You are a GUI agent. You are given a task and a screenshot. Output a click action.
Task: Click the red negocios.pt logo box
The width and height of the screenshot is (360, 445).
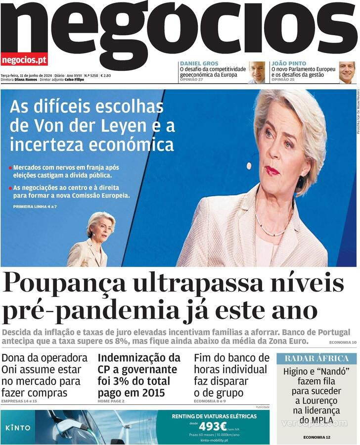click(x=24, y=60)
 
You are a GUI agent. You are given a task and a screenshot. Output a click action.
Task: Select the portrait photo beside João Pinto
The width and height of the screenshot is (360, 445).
click(x=347, y=72)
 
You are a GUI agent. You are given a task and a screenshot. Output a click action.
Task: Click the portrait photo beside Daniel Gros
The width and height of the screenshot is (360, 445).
click(x=257, y=72)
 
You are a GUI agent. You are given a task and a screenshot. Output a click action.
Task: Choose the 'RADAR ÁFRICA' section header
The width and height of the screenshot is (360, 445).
click(x=316, y=358)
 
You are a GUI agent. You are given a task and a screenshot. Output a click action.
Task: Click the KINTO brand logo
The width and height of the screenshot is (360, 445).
click(x=18, y=427)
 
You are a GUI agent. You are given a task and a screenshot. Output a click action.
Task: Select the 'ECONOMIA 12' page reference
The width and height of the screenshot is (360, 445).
click(x=316, y=437)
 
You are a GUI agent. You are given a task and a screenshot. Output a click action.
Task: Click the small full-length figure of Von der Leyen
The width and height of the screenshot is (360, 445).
click(x=95, y=241)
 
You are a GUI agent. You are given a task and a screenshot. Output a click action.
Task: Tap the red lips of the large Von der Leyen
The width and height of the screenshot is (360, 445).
click(x=272, y=171)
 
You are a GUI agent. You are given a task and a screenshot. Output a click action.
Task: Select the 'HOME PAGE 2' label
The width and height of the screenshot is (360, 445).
click(x=111, y=401)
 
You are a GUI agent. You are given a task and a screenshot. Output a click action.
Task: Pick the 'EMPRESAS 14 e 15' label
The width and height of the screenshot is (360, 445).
click(x=19, y=401)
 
